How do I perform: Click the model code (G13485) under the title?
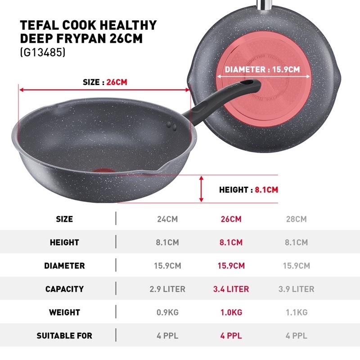43,52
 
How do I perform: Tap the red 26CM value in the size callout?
117,82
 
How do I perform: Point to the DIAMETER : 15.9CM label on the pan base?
262,69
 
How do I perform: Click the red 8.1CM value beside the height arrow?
266,189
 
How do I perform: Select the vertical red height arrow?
201,189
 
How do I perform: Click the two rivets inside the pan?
171,126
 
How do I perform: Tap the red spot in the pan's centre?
103,171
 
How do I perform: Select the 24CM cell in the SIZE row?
167,219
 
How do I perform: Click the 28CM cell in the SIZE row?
296,219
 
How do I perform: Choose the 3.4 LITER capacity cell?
231,289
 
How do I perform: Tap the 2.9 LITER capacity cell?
167,289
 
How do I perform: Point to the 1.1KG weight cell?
297,312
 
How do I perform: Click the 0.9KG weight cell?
167,312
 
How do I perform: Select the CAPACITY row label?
64,289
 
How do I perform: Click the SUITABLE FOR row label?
64,336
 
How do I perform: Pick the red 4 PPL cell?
231,336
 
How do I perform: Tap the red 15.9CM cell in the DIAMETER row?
231,265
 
